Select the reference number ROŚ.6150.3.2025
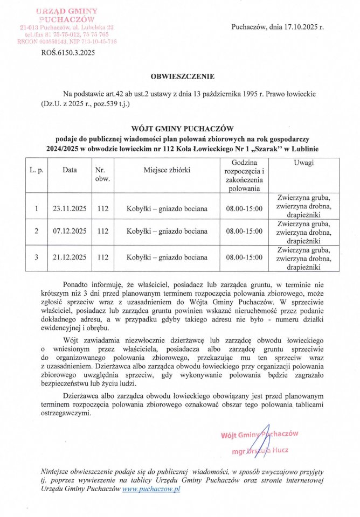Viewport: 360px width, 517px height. [x=68, y=53]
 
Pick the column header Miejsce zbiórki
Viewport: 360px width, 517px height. [x=167, y=170]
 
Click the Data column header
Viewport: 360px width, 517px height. [x=70, y=170]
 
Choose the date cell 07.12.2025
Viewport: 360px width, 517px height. [x=70, y=232]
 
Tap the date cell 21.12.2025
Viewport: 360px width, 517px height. [x=70, y=257]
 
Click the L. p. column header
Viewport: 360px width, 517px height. [x=36, y=170]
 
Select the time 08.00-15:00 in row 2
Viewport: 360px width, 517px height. [x=244, y=232]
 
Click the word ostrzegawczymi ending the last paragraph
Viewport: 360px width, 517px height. [x=66, y=414]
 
